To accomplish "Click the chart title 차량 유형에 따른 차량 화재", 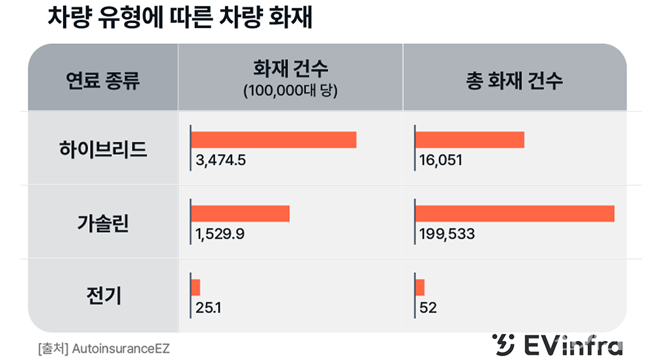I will point(179,18).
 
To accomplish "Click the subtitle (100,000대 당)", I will point(290,91).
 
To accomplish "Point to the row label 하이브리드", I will point(102,150).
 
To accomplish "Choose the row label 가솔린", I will point(102,223).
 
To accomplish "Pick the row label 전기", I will point(102,296).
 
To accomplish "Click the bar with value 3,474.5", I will point(274,140).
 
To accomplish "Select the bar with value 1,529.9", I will point(240,214).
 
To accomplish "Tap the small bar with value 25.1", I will point(195,287).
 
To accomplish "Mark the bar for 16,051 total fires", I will point(470,140).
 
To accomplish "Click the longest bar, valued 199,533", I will point(515,214).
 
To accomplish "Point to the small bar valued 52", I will point(420,287).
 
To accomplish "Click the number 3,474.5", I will point(220,160).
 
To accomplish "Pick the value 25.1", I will point(207,307).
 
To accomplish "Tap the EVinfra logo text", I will point(575,346).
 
